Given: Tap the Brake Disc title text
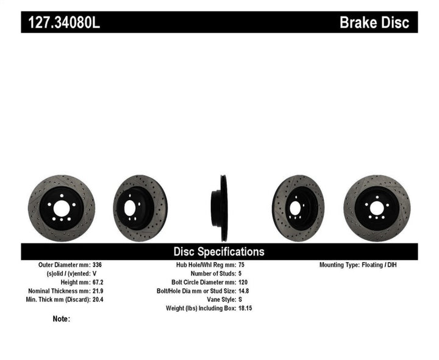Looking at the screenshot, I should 378,23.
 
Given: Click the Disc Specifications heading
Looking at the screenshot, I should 219,251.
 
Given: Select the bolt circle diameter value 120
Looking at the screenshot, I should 242,283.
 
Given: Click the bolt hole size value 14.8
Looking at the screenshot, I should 243,291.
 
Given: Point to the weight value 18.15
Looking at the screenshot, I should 244,308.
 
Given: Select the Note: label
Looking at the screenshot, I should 62,319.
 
